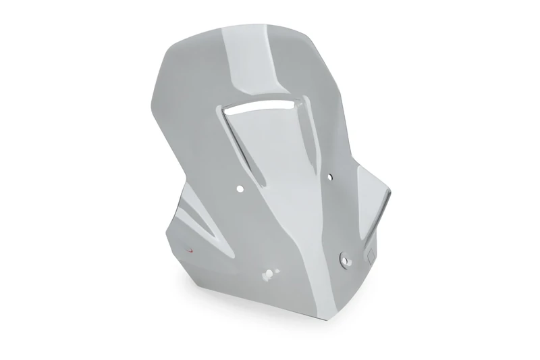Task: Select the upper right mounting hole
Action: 329,177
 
